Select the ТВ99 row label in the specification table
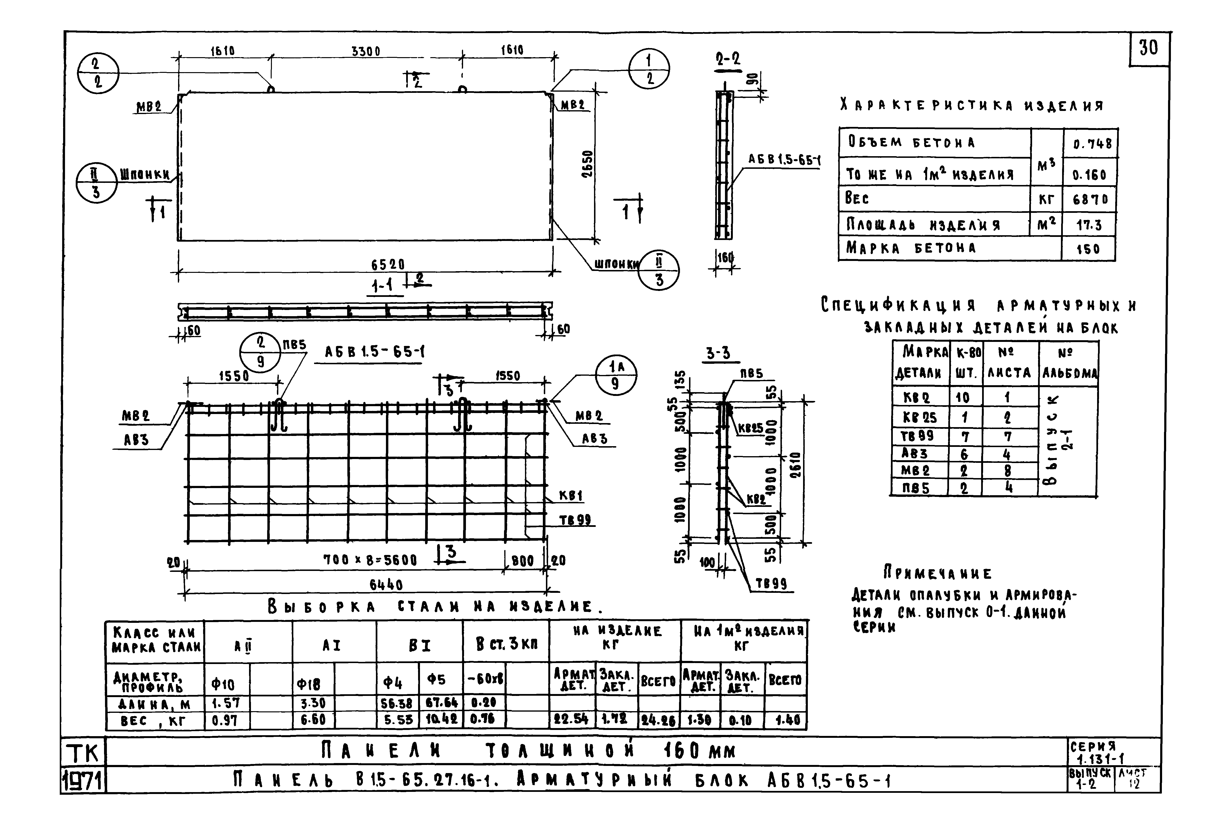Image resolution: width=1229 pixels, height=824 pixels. coord(917,436)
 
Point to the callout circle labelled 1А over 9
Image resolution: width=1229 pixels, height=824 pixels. coord(616,375)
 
